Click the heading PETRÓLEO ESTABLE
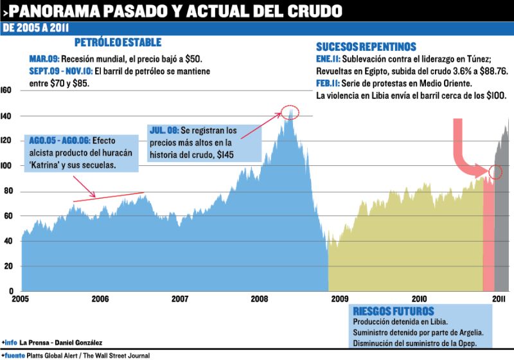tap(118, 43)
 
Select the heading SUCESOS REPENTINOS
tap(366, 46)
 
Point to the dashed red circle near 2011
tap(495, 172)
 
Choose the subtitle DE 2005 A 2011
tap(37, 28)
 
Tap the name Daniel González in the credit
tap(82, 342)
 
